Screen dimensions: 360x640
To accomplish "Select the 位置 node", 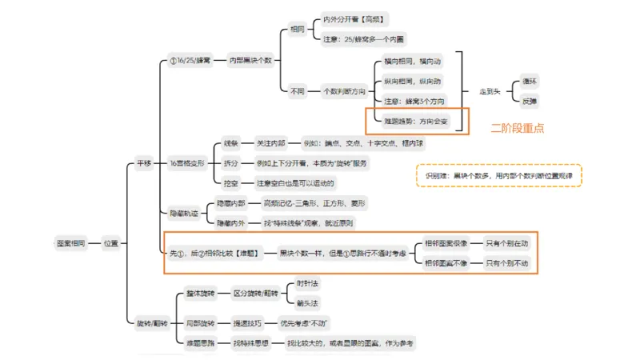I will point(110,242).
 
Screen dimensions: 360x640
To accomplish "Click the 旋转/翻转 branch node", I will point(146,322).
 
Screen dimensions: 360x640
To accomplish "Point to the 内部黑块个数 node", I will point(251,59).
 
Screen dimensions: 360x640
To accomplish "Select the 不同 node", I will point(298,90).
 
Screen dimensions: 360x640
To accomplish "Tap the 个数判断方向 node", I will point(342,90).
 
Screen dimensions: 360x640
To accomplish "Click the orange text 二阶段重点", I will point(518,127).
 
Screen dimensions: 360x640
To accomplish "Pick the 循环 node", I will point(530,81).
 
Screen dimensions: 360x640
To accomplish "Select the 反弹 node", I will point(530,102).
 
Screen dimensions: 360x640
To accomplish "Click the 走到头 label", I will point(490,91).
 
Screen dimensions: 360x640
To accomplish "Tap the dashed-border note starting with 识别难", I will point(498,175).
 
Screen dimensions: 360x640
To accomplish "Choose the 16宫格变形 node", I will point(188,162).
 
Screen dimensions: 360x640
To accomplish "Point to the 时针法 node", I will point(307,283).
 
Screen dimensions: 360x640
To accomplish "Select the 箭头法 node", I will point(307,303).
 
